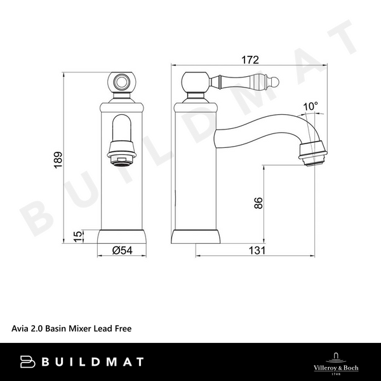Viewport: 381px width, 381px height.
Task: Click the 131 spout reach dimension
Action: point(256,250)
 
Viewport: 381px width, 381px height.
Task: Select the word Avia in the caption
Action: point(20,328)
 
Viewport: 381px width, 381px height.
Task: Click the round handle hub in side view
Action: point(196,82)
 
